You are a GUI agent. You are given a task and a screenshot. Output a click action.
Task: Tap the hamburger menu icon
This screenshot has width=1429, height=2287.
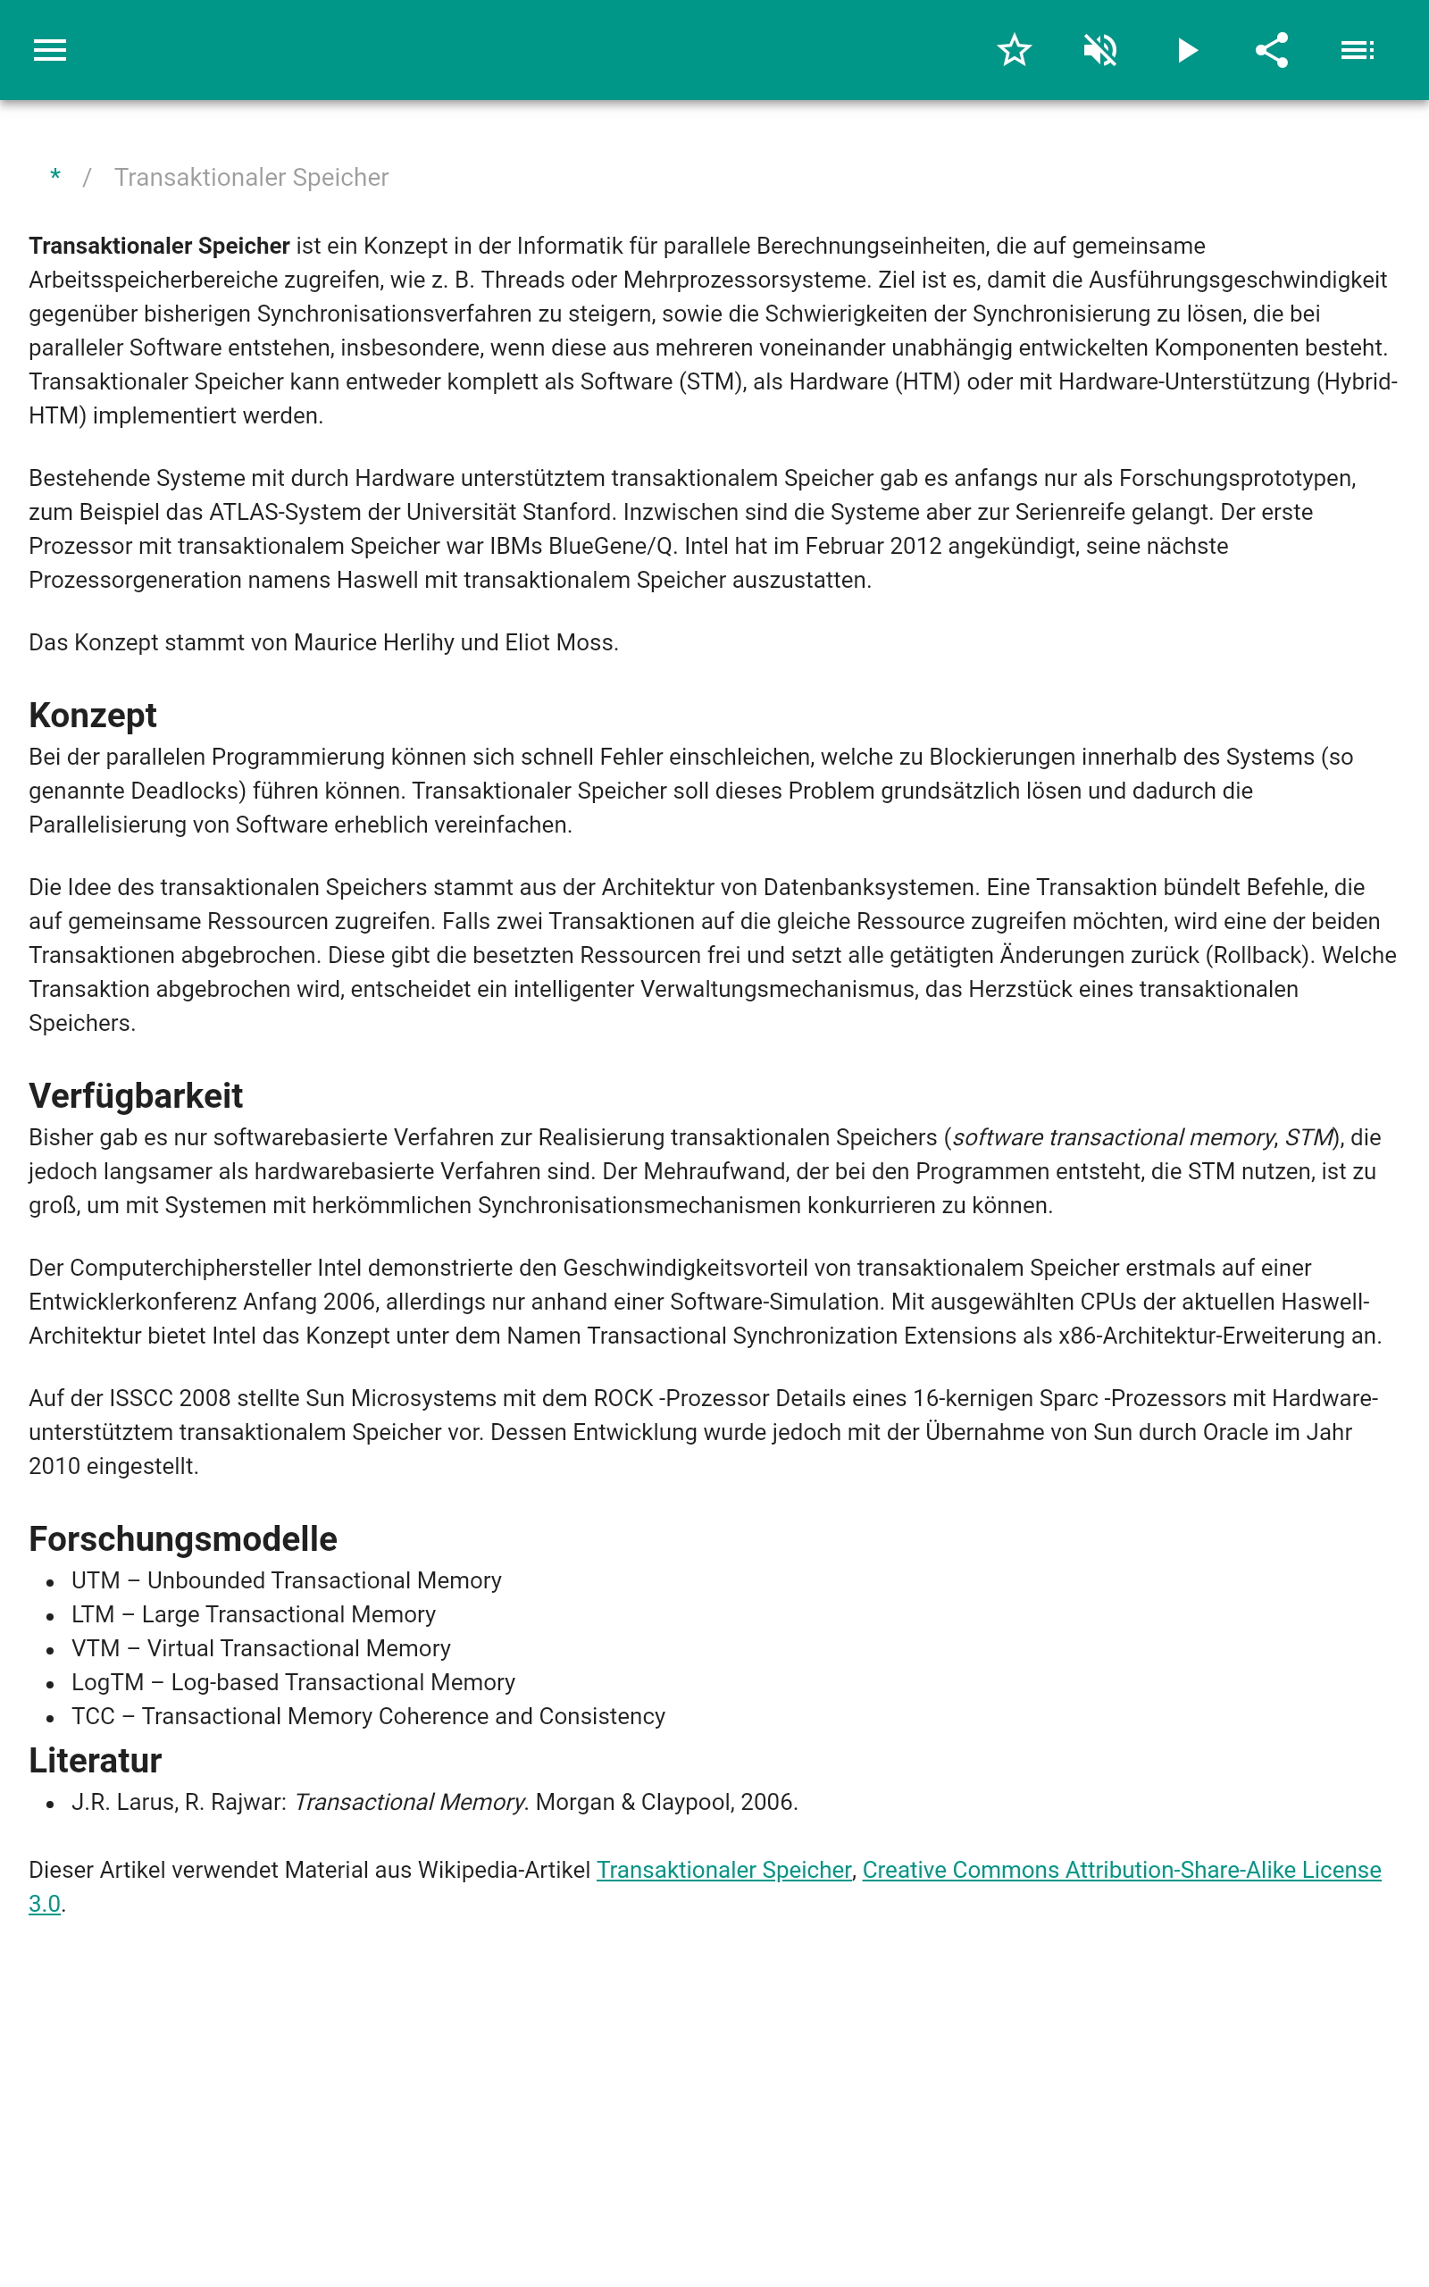(50, 50)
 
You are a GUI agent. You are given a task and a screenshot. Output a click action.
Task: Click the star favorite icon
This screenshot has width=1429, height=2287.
(1014, 50)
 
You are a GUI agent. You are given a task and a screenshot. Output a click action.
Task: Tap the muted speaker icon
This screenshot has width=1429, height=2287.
(1100, 50)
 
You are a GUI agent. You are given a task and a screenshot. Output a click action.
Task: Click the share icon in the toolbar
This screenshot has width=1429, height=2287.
(1271, 50)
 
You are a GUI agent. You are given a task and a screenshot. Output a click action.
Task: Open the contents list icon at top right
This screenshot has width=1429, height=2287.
(1358, 50)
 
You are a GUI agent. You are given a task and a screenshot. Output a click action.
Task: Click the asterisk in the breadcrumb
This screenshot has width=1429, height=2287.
(55, 177)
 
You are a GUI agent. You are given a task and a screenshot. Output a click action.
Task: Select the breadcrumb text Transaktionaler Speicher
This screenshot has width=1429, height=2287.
(251, 178)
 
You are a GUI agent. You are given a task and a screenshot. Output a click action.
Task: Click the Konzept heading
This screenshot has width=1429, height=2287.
(93, 716)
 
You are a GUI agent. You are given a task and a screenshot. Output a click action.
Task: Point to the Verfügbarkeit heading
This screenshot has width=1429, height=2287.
(136, 1095)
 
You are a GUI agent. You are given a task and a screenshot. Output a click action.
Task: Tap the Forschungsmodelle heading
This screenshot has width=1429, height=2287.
(183, 1538)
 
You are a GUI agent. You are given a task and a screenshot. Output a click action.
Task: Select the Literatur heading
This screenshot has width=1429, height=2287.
(96, 1761)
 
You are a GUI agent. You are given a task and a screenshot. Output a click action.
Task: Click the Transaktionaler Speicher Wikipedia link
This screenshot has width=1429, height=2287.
(724, 1869)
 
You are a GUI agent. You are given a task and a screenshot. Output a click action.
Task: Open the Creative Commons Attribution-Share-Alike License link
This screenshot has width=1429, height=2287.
(1121, 1869)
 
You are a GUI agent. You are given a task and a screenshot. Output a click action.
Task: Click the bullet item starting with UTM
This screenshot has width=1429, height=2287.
(287, 1580)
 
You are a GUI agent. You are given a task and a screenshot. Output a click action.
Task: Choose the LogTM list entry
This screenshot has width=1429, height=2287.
(293, 1682)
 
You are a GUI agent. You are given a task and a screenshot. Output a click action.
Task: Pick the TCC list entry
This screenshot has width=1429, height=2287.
(369, 1716)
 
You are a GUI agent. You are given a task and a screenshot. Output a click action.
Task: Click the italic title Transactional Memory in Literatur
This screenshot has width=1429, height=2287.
(410, 1802)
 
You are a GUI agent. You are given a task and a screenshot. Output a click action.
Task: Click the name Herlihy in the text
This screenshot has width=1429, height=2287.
(418, 642)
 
